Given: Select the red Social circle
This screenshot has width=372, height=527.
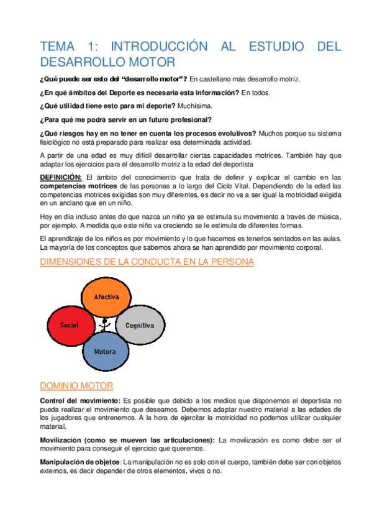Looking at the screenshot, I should [x=69, y=325].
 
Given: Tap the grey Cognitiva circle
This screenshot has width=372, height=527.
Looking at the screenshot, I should [x=140, y=325].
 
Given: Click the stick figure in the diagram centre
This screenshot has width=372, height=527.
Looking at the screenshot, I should [x=105, y=324].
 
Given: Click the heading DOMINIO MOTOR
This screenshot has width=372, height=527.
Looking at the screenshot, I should [x=76, y=386].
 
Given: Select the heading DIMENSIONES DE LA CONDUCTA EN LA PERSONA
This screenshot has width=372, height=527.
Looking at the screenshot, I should [x=147, y=262].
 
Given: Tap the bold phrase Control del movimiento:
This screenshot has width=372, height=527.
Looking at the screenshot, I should [x=79, y=401].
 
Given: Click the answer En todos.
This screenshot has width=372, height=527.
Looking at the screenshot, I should [x=256, y=93].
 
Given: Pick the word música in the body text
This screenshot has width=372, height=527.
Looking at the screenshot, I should [x=322, y=216].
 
